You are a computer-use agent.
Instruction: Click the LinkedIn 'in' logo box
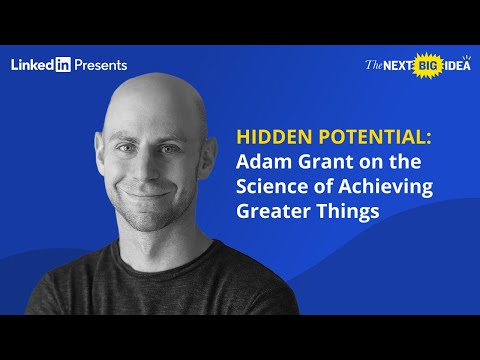(x=62, y=65)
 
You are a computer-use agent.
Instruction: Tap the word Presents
(x=101, y=65)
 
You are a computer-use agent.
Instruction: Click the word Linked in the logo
(x=31, y=65)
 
